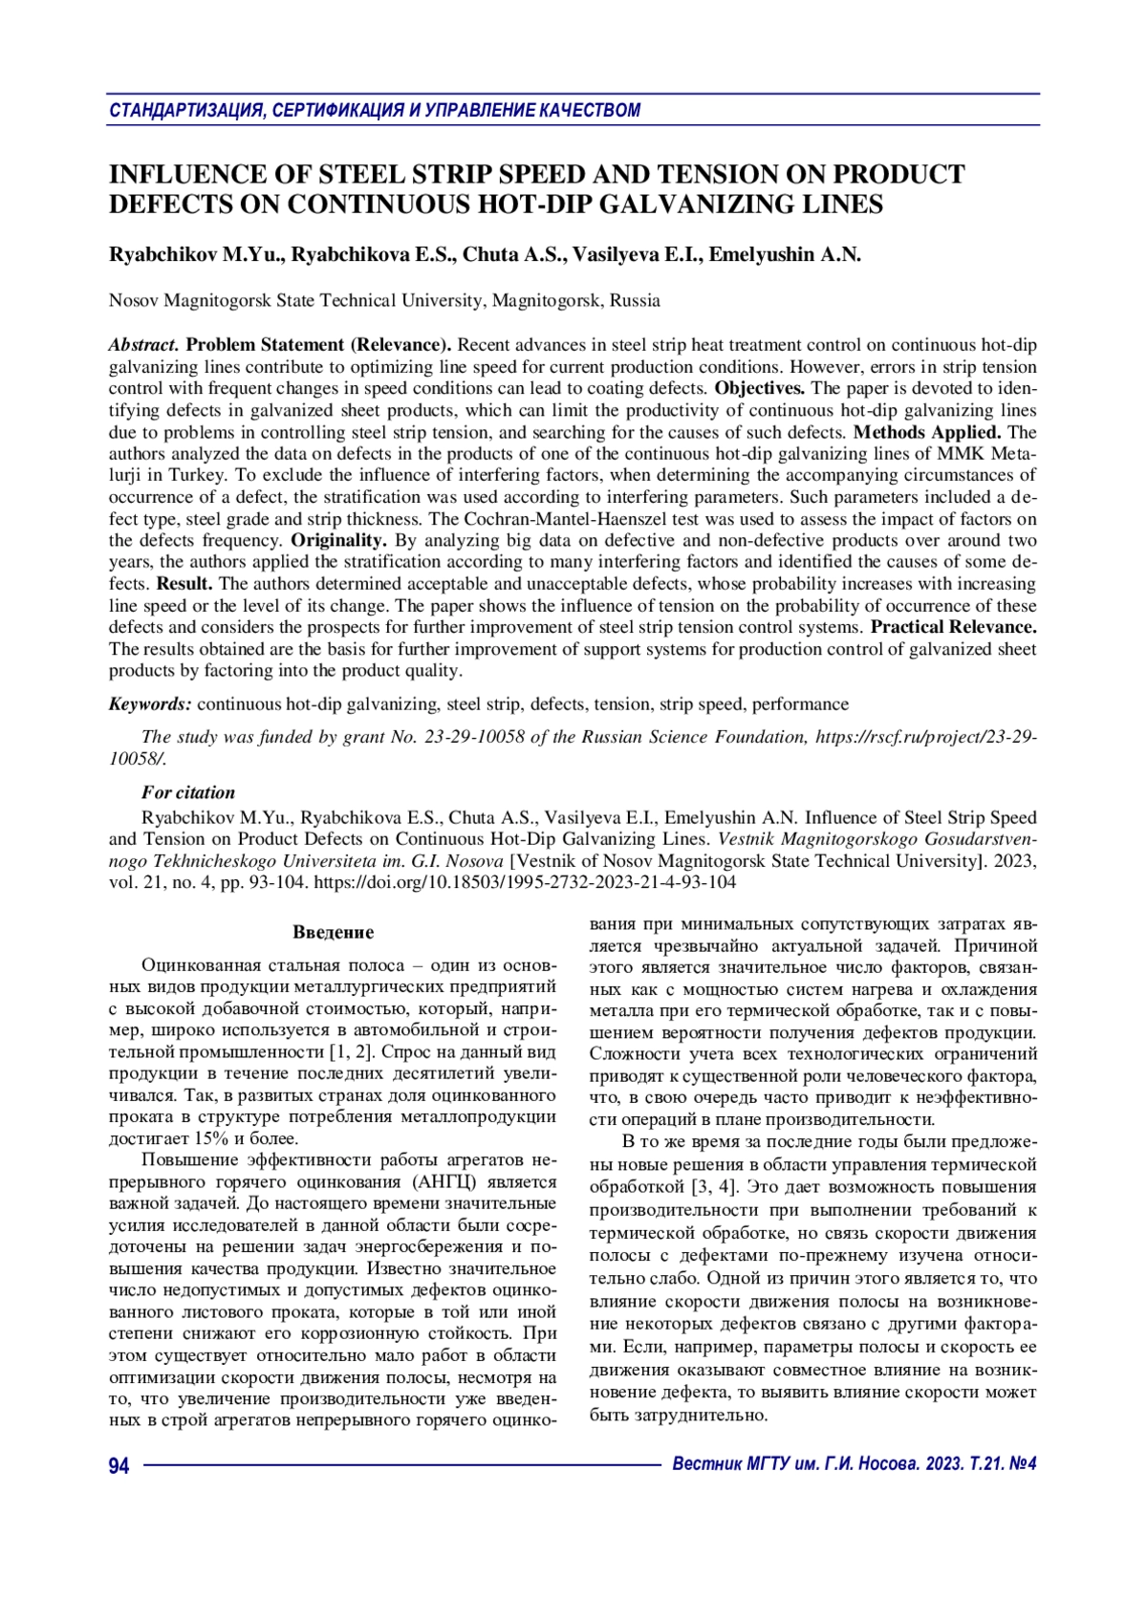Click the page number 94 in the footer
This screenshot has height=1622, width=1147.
coord(119,1465)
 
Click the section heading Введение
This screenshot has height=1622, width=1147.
coord(333,932)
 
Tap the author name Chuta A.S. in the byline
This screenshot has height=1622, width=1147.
coord(516,254)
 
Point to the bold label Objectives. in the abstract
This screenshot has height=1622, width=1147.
coord(760,388)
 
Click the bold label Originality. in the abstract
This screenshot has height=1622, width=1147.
coord(338,540)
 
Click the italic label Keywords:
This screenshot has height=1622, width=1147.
coord(150,704)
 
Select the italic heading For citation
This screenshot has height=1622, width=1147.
coord(188,792)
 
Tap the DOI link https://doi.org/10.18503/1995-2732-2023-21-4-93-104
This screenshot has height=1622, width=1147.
coord(525,882)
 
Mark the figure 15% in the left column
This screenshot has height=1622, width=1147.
coord(210,1138)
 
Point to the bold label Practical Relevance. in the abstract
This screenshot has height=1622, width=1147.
coord(954,627)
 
